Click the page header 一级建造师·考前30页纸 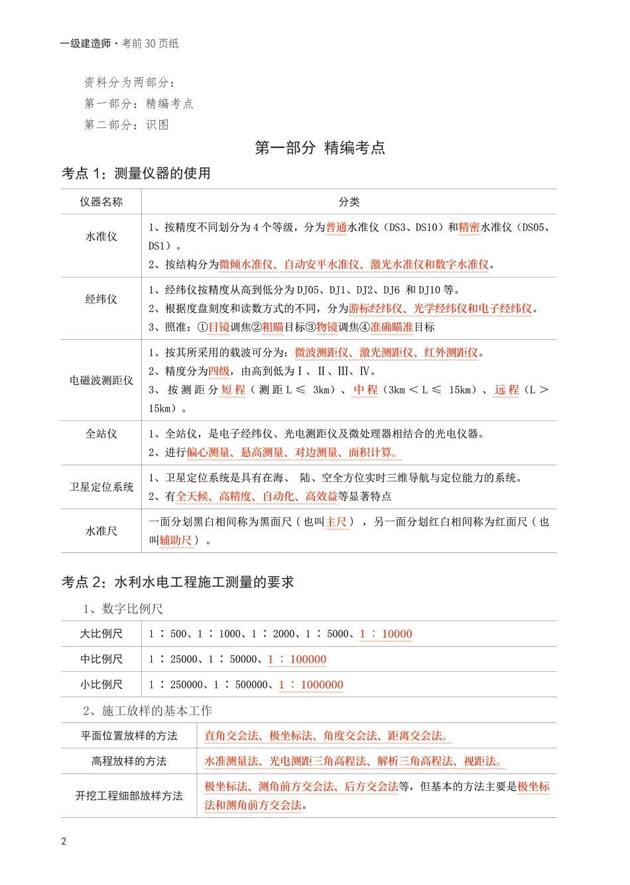(x=119, y=44)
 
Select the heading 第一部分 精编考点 (x=320, y=147)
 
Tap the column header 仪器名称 (x=101, y=202)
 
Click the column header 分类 (x=349, y=202)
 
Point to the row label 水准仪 (x=101, y=236)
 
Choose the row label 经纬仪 (x=101, y=299)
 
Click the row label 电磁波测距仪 (x=101, y=380)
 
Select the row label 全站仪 (x=101, y=434)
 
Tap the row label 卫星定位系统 (x=101, y=487)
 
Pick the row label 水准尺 (x=101, y=531)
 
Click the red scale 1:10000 (x=386, y=634)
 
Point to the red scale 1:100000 (x=297, y=659)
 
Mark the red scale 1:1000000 (x=311, y=684)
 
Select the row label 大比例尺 (x=101, y=634)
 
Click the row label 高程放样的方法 (x=129, y=762)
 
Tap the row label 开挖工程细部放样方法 (x=129, y=796)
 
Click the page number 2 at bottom (x=64, y=842)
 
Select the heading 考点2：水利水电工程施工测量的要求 (x=178, y=582)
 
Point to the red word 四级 (x=219, y=371)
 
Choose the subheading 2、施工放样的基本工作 (x=147, y=711)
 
